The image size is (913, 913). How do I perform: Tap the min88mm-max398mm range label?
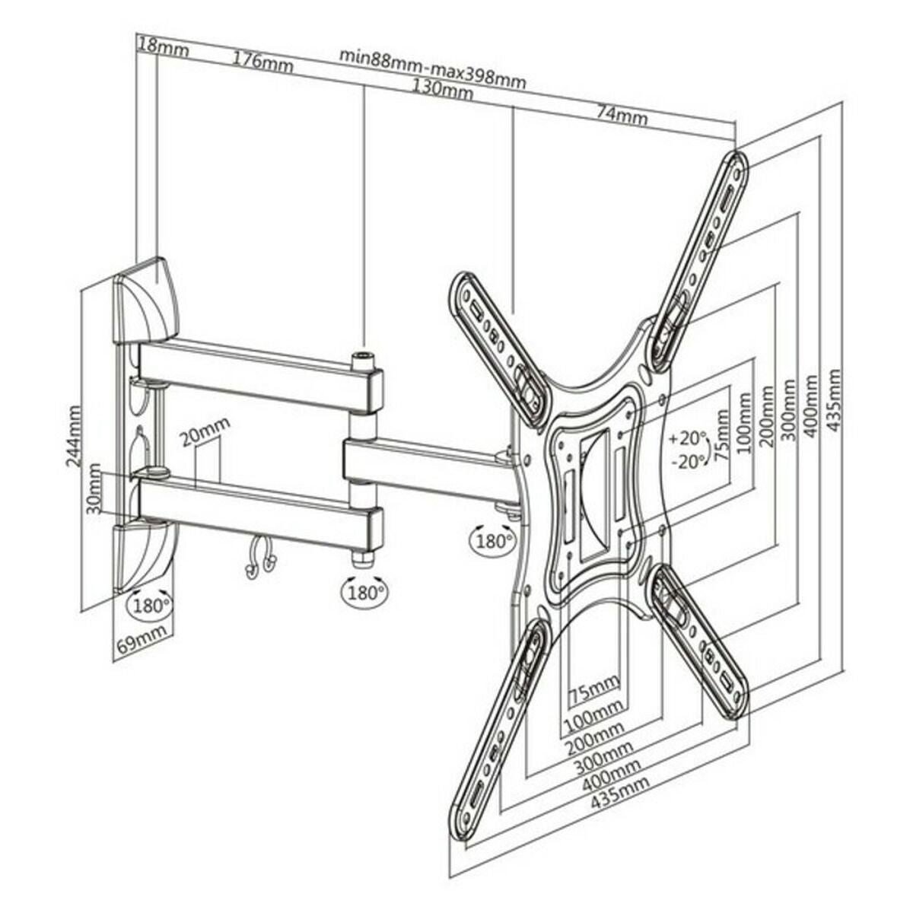432,68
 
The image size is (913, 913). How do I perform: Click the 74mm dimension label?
622,116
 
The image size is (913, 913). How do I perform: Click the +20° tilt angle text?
688,439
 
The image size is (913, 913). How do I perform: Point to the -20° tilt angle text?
688,462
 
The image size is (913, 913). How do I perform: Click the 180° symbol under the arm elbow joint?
363,590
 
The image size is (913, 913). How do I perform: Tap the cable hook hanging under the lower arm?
259,560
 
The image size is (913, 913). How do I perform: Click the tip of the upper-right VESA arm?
736,164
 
